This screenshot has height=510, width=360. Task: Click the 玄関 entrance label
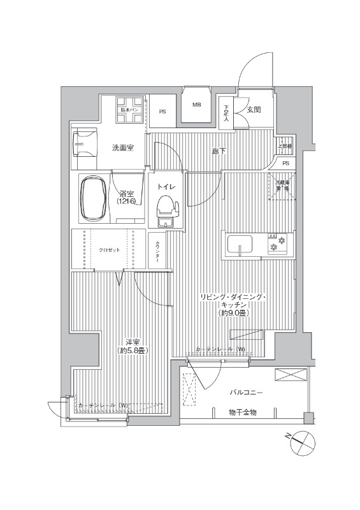254,110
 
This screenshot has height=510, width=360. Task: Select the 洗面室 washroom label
123,148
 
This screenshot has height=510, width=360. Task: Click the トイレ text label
166,186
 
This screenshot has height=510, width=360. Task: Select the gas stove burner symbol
275,245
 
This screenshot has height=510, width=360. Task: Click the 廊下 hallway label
219,151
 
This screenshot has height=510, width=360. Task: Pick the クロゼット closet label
108,249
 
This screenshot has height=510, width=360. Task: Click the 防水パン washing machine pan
131,110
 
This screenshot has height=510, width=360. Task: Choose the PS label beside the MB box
162,112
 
